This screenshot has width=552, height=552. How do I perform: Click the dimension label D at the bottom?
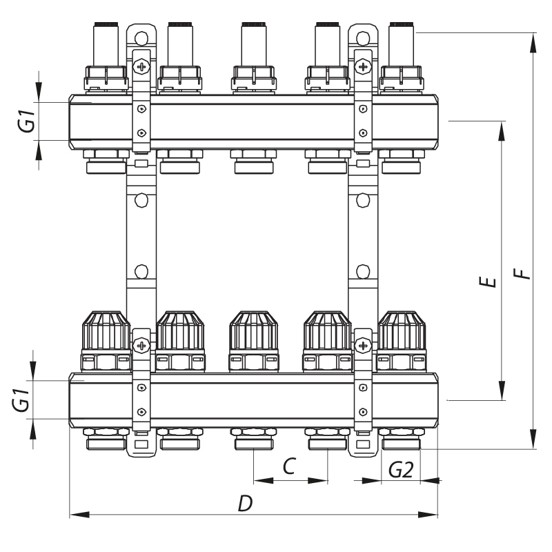pos(245,504)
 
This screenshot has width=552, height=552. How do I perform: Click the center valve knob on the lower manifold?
pos(253,331)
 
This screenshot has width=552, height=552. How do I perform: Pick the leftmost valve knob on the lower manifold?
pos(106,331)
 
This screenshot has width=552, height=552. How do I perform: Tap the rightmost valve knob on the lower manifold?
pos(401,331)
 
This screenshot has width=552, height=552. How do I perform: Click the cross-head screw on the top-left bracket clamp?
pos(141,67)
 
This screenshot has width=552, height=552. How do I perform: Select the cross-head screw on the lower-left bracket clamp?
pos(141,344)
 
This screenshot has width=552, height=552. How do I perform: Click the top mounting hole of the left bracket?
pos(141,34)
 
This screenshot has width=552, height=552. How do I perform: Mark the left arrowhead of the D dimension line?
pos(75,514)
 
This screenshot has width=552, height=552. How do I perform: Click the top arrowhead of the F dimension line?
pos(533,39)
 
